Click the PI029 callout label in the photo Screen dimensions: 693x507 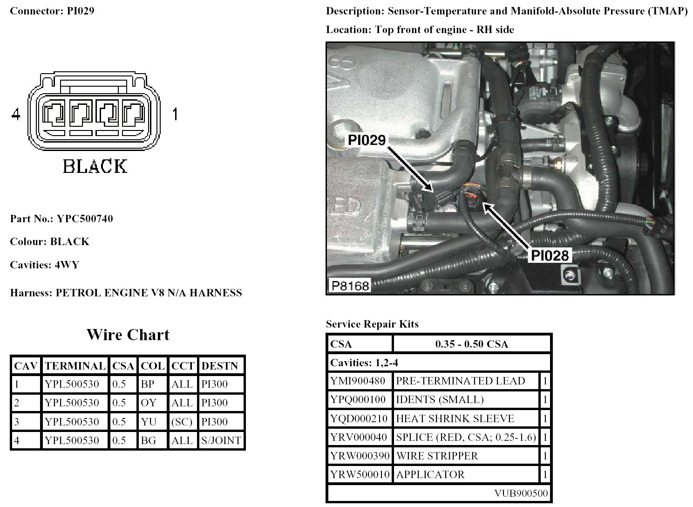pyautogui.click(x=367, y=139)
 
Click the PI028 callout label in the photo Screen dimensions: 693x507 pyautogui.click(x=550, y=255)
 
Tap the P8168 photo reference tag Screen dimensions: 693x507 pyautogui.click(x=350, y=285)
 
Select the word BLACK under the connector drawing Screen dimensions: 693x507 pyautogui.click(x=95, y=166)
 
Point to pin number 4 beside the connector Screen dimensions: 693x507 pyautogui.click(x=16, y=114)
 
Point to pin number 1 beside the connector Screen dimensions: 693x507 pyautogui.click(x=175, y=114)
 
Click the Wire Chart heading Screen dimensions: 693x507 pyautogui.click(x=128, y=335)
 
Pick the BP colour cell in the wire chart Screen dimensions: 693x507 pyautogui.click(x=148, y=384)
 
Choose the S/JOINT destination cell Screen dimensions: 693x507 pyautogui.click(x=221, y=440)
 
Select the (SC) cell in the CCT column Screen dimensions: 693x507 pyautogui.click(x=182, y=422)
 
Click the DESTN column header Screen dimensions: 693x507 pyautogui.click(x=220, y=366)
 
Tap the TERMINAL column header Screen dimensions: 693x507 pyautogui.click(x=75, y=366)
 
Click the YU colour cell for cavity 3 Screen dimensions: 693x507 pyautogui.click(x=148, y=422)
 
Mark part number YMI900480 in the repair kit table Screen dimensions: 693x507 pyautogui.click(x=358, y=381)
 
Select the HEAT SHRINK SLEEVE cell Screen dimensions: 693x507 pyautogui.click(x=455, y=418)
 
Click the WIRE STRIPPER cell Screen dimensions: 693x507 pyautogui.click(x=437, y=456)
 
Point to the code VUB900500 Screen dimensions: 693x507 pyautogui.click(x=521, y=493)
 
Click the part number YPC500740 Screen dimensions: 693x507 pyautogui.click(x=85, y=219)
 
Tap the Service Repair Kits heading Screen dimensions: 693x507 pyautogui.click(x=372, y=324)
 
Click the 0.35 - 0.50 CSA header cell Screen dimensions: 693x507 pyautogui.click(x=471, y=344)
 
